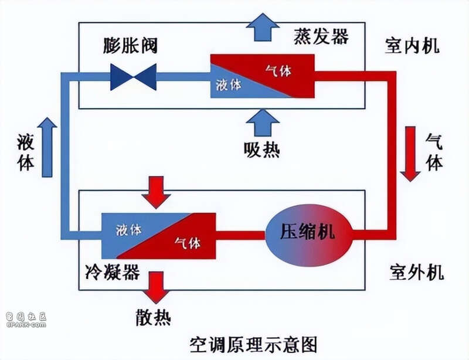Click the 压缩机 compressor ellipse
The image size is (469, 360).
click(x=309, y=235)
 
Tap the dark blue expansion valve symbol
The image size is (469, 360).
click(x=134, y=77)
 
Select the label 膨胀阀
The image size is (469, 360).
click(x=130, y=46)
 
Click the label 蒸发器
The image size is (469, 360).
click(x=321, y=36)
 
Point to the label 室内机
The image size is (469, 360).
click(x=412, y=46)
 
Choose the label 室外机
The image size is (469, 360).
click(x=416, y=272)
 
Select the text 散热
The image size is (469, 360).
click(x=154, y=317)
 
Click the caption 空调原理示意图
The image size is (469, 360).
click(x=254, y=344)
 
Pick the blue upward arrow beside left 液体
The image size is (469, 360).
click(x=47, y=147)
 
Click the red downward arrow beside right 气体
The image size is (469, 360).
click(x=410, y=154)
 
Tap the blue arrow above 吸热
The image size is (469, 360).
click(x=263, y=123)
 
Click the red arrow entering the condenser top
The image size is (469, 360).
click(x=156, y=192)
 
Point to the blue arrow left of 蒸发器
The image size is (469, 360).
click(x=263, y=27)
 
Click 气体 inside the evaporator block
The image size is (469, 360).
click(x=278, y=70)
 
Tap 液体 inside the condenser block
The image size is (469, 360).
click(x=128, y=230)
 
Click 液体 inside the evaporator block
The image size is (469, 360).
click(x=229, y=84)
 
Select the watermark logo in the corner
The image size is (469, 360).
click(x=26, y=320)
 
